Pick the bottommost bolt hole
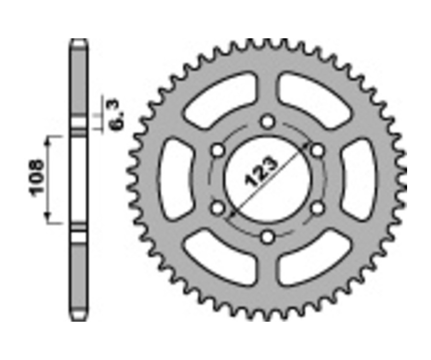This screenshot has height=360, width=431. click(x=268, y=236)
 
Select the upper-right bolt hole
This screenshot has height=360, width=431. click(x=318, y=150)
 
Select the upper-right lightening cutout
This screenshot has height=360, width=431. click(x=315, y=98)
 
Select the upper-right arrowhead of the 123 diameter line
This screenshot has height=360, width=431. click(x=308, y=144)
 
